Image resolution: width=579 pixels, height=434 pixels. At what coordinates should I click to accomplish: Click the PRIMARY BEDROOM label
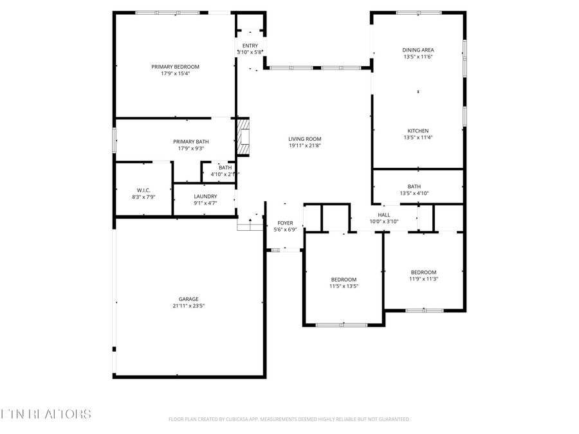tap(175, 67)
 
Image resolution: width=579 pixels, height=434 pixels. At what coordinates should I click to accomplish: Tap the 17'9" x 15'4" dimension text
tap(175, 73)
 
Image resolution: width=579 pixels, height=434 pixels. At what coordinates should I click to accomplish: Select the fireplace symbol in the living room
tap(243, 137)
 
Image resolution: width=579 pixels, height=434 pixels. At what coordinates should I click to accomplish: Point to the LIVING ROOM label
tap(304, 139)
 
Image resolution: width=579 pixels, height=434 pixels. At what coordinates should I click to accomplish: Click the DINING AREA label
tap(418, 50)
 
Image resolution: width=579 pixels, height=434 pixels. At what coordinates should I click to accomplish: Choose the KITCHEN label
tap(418, 131)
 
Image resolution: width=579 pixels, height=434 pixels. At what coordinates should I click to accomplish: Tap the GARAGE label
tap(188, 299)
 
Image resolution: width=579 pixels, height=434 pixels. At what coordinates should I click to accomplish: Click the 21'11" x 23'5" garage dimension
tap(188, 306)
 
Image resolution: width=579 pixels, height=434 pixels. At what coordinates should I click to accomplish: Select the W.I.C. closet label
tap(143, 190)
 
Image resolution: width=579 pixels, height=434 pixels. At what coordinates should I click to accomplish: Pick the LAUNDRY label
tap(205, 197)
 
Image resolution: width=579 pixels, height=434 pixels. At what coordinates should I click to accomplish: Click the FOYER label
tap(285, 222)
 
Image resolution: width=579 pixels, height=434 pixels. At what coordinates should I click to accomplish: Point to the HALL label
tap(384, 215)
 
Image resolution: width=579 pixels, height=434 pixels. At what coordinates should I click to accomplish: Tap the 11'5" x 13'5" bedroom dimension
tap(344, 286)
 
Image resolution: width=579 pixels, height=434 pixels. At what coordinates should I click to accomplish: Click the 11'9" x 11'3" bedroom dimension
tap(423, 279)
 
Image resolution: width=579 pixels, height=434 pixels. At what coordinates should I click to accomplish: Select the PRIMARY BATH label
tap(190, 141)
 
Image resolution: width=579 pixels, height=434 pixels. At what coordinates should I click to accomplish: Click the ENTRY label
tap(250, 46)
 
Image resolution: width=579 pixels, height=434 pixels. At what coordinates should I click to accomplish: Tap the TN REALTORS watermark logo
tap(45, 414)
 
